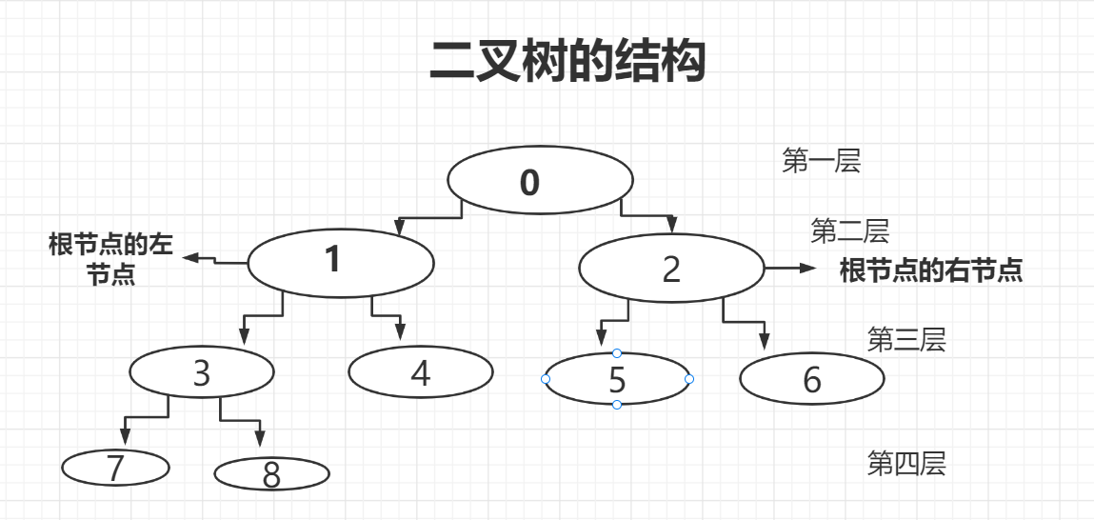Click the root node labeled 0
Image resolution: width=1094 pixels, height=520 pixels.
point(540,181)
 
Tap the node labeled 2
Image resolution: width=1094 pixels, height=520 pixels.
point(671,269)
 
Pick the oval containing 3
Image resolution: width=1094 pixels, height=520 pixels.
point(201,372)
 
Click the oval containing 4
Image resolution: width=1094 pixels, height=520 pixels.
point(421,372)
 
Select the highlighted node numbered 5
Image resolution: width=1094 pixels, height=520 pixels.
point(617,379)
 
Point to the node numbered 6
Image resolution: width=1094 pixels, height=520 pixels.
point(811,379)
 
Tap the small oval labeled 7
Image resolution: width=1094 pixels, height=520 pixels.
point(115,468)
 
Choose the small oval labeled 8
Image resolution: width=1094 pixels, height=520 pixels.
point(271,473)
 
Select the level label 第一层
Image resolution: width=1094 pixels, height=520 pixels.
point(821,162)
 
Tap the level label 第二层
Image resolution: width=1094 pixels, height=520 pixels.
point(849,230)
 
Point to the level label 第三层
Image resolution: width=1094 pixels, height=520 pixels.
point(905,340)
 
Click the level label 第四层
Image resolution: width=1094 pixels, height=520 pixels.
point(905,464)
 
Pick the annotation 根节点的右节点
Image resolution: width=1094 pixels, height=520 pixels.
point(930,271)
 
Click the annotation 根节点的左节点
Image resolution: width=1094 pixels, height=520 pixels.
point(110,259)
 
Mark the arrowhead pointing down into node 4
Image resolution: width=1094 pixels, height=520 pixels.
point(400,332)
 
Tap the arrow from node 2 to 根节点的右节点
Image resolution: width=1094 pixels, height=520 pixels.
point(789,270)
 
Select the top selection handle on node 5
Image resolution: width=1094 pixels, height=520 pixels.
point(617,353)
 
